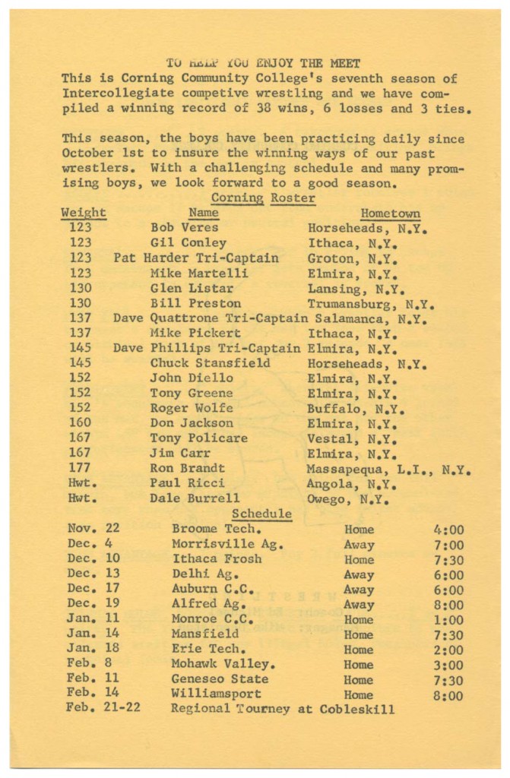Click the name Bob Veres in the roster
click(184, 228)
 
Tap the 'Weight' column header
click(83, 213)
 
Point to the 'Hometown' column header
click(391, 213)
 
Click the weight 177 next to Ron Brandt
click(80, 469)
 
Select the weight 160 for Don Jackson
click(80, 423)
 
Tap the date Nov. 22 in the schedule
click(94, 530)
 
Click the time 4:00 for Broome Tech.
click(449, 530)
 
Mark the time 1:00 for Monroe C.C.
click(449, 620)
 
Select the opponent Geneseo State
click(220, 680)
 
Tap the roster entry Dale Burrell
click(195, 499)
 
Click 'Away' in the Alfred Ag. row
click(359, 605)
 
